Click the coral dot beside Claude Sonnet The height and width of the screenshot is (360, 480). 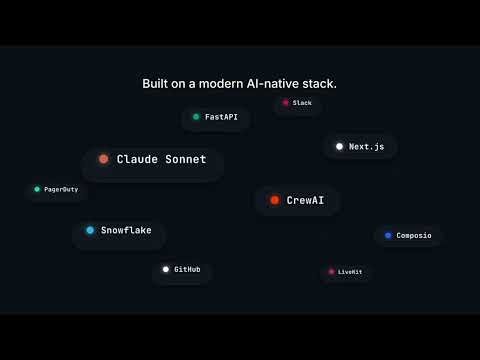pyautogui.click(x=104, y=159)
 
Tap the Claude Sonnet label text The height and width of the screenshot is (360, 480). pyautogui.click(x=161, y=159)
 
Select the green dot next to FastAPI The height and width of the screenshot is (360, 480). pyautogui.click(x=196, y=117)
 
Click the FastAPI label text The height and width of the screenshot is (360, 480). pyautogui.click(x=221, y=117)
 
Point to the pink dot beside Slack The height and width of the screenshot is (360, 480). pyautogui.click(x=285, y=102)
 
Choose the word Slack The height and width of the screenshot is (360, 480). pyautogui.click(x=302, y=102)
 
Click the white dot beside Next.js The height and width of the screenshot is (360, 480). pyautogui.click(x=339, y=146)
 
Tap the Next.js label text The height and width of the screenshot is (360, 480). pyautogui.click(x=366, y=146)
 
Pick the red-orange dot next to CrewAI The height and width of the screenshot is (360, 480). pyautogui.click(x=274, y=200)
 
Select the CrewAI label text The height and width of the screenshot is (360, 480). pyautogui.click(x=305, y=200)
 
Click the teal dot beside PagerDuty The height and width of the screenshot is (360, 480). pyautogui.click(x=37, y=189)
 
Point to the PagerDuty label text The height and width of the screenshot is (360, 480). pyautogui.click(x=61, y=189)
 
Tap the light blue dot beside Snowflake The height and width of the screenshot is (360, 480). pyautogui.click(x=90, y=230)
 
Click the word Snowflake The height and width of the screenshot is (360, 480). pyautogui.click(x=126, y=230)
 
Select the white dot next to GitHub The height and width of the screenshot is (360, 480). pyautogui.click(x=166, y=269)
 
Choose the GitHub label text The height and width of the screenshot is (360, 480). pyautogui.click(x=187, y=269)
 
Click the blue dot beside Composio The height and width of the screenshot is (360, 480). pyautogui.click(x=388, y=235)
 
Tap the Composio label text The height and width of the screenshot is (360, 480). pyautogui.click(x=414, y=235)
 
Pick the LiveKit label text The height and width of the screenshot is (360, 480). pyautogui.click(x=350, y=271)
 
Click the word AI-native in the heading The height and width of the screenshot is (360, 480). pyautogui.click(x=274, y=83)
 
